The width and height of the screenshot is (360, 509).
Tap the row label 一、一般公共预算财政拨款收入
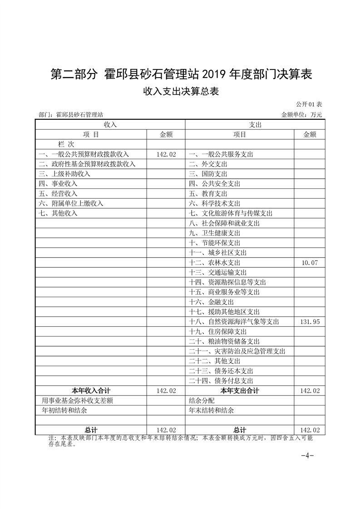pos(84,154)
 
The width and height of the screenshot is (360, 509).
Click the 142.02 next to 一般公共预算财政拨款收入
pos(166,154)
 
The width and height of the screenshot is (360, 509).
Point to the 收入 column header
pos(110,124)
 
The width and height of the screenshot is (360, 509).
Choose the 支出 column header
pos(256,124)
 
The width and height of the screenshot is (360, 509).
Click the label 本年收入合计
pos(91,391)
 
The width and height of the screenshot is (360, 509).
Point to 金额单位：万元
pos(301,115)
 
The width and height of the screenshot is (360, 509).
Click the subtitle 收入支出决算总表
pos(181,92)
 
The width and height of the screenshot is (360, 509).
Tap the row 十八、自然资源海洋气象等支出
pos(233,322)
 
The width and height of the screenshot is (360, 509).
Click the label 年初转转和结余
pos(64,410)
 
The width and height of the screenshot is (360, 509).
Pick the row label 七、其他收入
pos(58,213)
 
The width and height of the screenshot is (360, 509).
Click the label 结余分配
pos(201,401)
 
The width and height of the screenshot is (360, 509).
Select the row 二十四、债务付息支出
pos(221,381)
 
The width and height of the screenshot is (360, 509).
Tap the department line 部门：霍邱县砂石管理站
pos(74,115)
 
